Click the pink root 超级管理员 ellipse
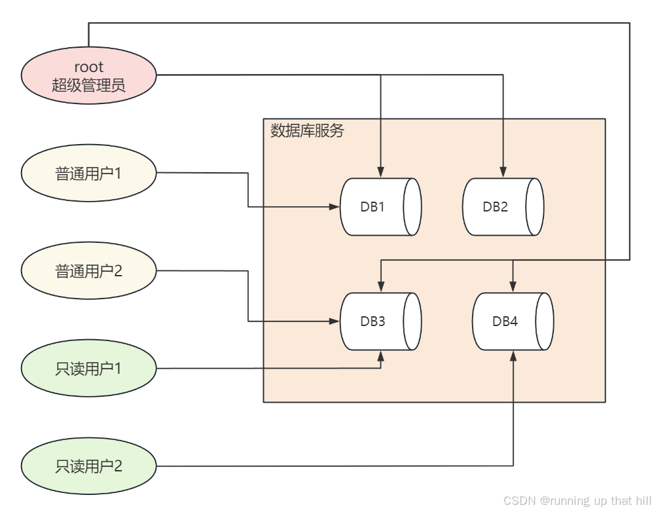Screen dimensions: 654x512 click(x=89, y=75)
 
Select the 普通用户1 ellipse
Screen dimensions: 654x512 click(x=89, y=173)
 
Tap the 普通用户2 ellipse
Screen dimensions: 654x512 click(x=89, y=271)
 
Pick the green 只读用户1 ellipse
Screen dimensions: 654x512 click(x=89, y=368)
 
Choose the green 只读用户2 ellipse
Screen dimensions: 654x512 click(x=89, y=466)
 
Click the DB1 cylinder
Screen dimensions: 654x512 click(x=380, y=207)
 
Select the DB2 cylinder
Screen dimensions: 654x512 click(x=503, y=207)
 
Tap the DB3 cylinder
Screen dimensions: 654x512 click(x=380, y=321)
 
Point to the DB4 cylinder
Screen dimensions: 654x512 click(x=513, y=321)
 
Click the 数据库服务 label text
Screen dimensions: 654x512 click(x=307, y=130)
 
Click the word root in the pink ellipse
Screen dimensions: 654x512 click(x=88, y=67)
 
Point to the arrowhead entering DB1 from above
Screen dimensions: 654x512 click(x=381, y=172)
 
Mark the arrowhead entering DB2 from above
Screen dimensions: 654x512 click(x=503, y=172)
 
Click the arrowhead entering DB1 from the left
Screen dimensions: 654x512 click(x=334, y=206)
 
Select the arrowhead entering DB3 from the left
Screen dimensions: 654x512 click(x=334, y=321)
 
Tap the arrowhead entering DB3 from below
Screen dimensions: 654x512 click(x=381, y=356)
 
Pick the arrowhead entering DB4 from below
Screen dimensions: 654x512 click(x=513, y=356)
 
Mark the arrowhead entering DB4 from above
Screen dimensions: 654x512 click(x=513, y=286)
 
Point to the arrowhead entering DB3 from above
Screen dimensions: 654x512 click(x=381, y=286)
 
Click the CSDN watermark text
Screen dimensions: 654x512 click(x=577, y=500)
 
